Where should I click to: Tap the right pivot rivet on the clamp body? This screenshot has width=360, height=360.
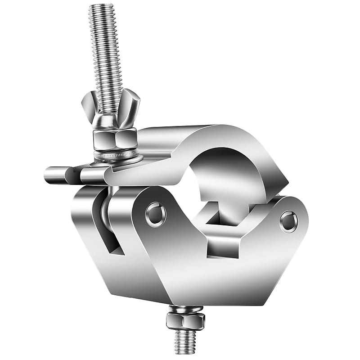tap(288, 221)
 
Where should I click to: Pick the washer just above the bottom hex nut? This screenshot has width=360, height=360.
tap(185, 309)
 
